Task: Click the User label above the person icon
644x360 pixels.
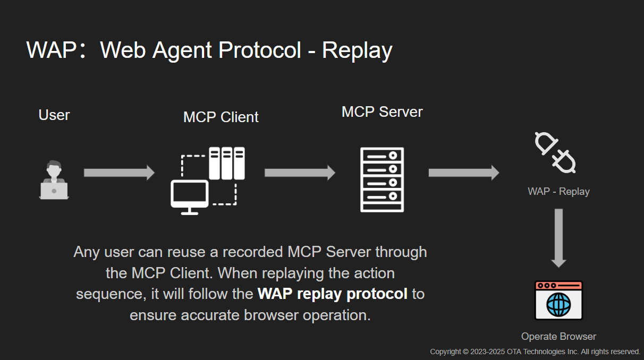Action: tap(54, 115)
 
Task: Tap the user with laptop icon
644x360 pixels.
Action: tap(54, 181)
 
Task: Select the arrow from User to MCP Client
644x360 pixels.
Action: tap(119, 173)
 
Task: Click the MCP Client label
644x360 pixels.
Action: tap(221, 117)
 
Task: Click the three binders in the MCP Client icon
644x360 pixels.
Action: tap(227, 163)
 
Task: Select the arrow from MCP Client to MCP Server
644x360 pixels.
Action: tap(300, 173)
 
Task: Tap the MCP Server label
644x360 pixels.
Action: tap(382, 112)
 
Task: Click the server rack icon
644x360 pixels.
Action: tap(382, 179)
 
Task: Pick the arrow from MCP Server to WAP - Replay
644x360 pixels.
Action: tap(463, 173)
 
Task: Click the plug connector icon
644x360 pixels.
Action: tap(555, 152)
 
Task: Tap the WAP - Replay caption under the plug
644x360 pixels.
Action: tap(558, 192)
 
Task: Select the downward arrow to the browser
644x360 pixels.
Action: tap(558, 238)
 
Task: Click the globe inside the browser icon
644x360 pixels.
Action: tap(558, 305)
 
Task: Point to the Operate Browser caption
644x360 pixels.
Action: tap(558, 336)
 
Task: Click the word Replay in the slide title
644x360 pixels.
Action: tap(357, 50)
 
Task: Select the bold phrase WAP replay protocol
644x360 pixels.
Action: tap(333, 294)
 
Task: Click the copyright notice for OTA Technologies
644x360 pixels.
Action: tap(535, 352)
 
